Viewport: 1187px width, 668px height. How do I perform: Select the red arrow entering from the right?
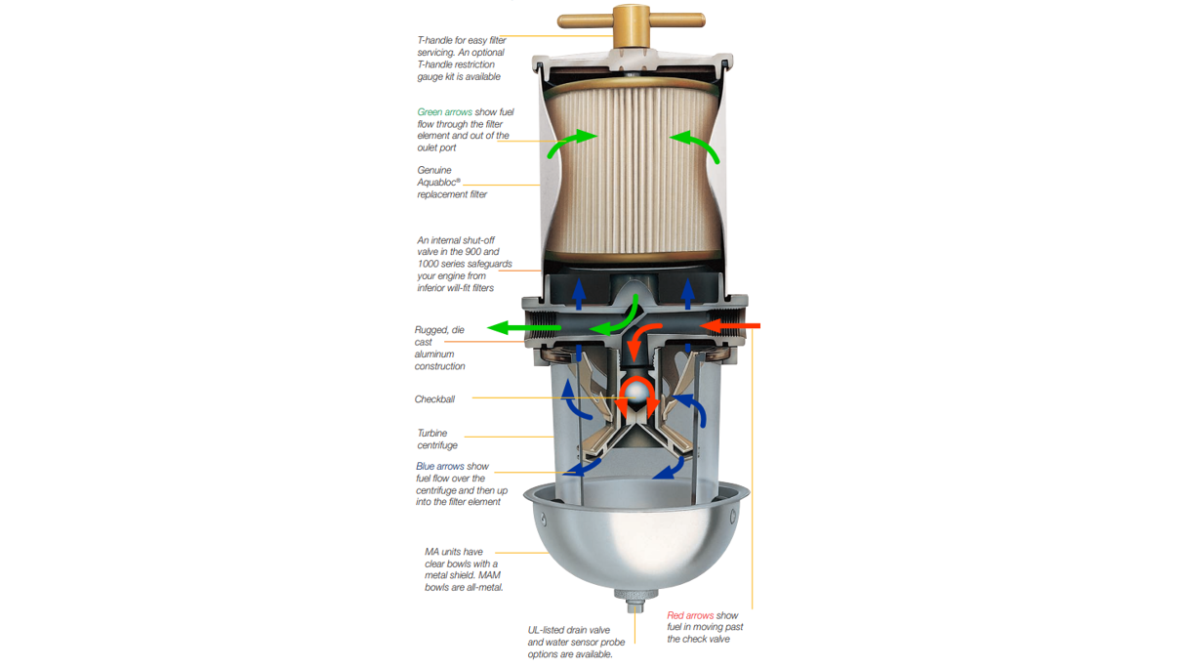coord(731,324)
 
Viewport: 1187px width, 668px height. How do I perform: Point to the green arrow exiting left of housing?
coord(523,327)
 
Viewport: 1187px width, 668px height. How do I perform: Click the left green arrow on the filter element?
coord(572,143)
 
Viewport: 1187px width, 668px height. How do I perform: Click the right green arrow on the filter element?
coord(694,143)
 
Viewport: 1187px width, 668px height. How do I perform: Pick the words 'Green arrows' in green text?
coord(444,112)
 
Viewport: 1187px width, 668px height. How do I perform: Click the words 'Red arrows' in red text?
coord(690,615)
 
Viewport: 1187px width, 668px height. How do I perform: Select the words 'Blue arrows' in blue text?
coord(438,467)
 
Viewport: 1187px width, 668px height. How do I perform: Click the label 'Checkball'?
coord(434,399)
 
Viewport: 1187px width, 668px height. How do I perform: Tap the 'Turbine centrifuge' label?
coord(436,439)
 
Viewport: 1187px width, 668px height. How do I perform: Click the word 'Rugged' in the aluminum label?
coord(431,330)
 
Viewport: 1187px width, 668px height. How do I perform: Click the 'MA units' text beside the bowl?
coord(444,552)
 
